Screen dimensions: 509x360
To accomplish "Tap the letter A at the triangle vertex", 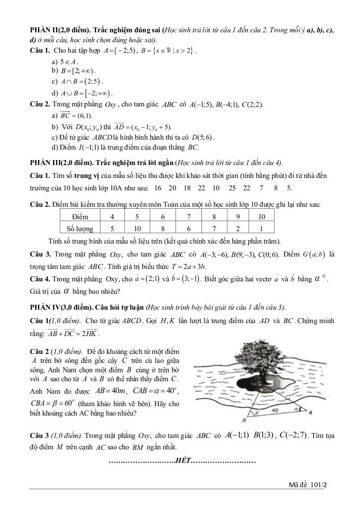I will pos(312,412).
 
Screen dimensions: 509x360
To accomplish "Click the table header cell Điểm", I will pos(80,217).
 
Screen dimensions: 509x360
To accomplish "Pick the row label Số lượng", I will pos(80,229).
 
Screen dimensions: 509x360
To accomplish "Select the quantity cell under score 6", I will pos(163,229).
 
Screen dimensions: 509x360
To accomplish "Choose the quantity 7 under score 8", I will pos(214,229).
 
